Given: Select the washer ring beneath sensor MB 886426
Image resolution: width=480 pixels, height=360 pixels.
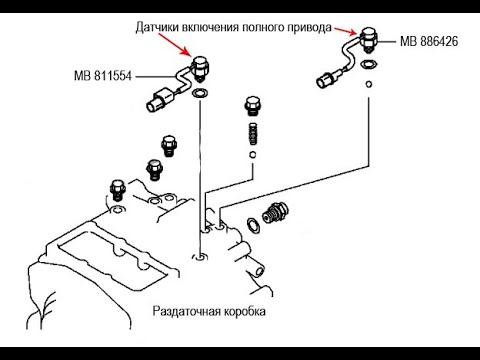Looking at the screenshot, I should [369, 64].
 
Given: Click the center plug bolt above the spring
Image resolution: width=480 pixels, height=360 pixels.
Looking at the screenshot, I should [251, 106].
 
